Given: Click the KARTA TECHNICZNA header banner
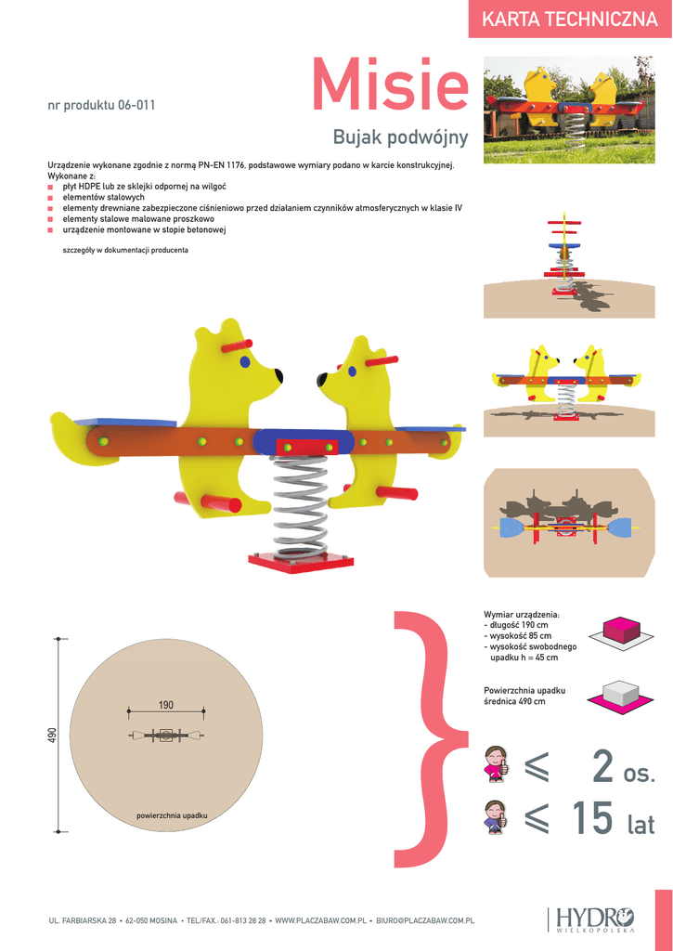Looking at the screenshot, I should coord(570,20).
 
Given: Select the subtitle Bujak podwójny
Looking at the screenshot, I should coord(400,138).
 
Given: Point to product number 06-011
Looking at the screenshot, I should coord(101,105).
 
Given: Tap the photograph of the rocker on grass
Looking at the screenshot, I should coord(569,109).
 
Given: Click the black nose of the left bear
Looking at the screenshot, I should coord(278,375).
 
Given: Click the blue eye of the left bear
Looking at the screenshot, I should coord(245,360).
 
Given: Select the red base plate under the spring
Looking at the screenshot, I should coord(299,561).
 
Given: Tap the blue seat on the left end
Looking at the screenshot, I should coord(125,423).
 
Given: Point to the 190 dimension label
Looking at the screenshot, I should coord(165,706).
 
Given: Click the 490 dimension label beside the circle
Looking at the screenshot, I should coord(53,735).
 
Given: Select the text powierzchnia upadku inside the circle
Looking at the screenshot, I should coord(172,815).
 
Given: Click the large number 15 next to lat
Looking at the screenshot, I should coord(591,818).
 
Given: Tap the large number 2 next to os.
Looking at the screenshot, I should coord(603,767).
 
